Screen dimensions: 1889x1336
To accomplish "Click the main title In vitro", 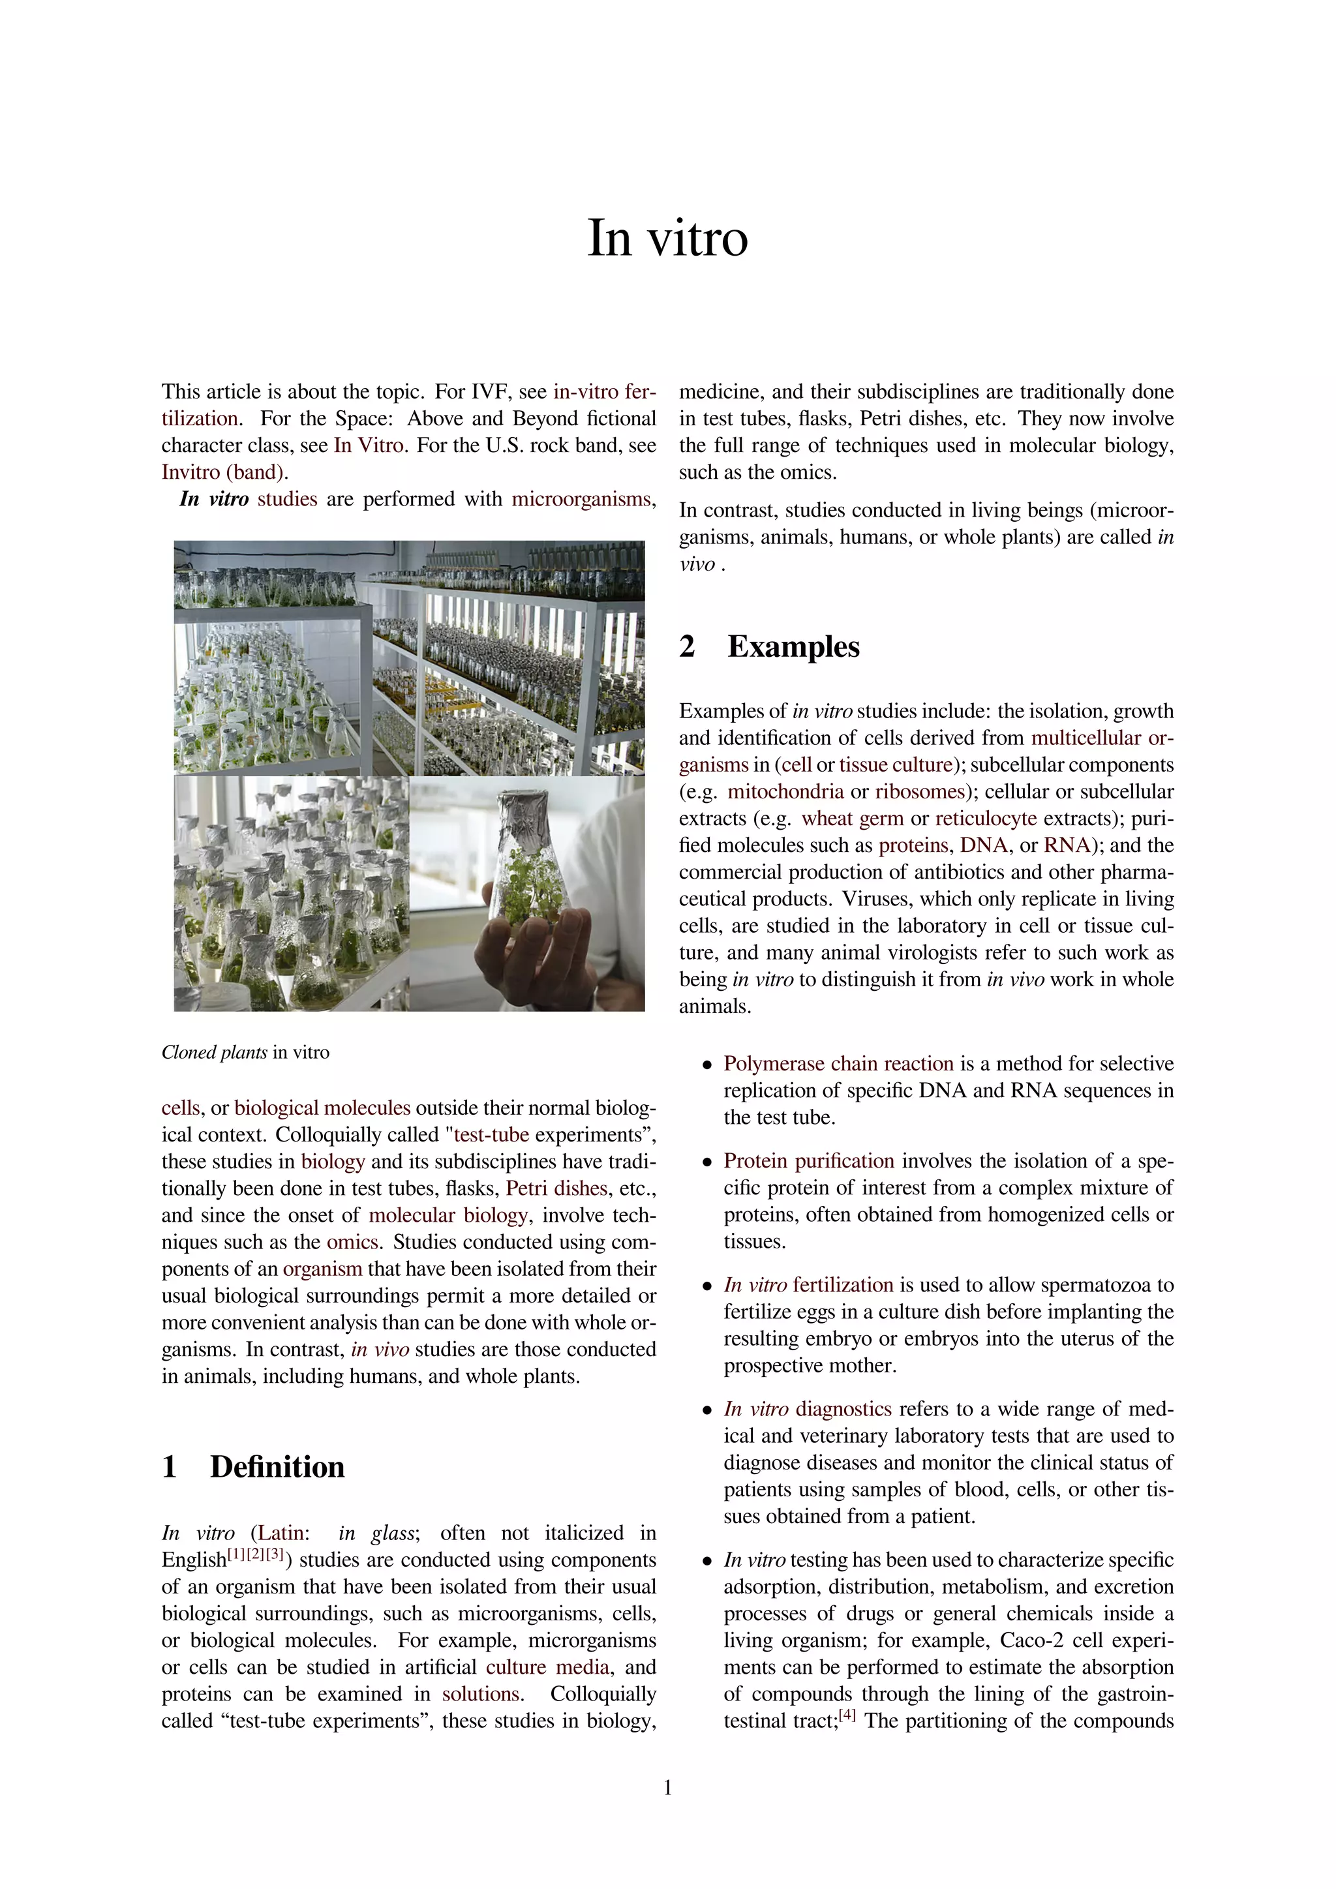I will pyautogui.click(x=667, y=239).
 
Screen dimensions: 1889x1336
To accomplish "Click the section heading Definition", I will pyautogui.click(x=277, y=1467).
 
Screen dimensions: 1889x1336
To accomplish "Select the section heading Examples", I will pyautogui.click(x=793, y=646).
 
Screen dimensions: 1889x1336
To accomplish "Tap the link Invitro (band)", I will pyautogui.click(x=224, y=472).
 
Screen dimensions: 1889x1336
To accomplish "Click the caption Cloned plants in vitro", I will pyautogui.click(x=245, y=1052).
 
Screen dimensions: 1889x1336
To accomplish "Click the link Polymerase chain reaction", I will pyautogui.click(x=838, y=1064).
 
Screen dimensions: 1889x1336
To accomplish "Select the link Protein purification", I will pyautogui.click(x=809, y=1161).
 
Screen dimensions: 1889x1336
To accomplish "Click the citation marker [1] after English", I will pyautogui.click(x=236, y=1555).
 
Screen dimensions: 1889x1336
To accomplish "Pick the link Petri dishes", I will pyautogui.click(x=556, y=1188).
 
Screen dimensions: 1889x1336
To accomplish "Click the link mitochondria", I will pyautogui.click(x=785, y=791).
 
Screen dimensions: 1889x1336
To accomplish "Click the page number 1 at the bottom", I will pyautogui.click(x=667, y=1788).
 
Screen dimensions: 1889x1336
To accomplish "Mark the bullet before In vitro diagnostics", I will pyautogui.click(x=706, y=1410).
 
